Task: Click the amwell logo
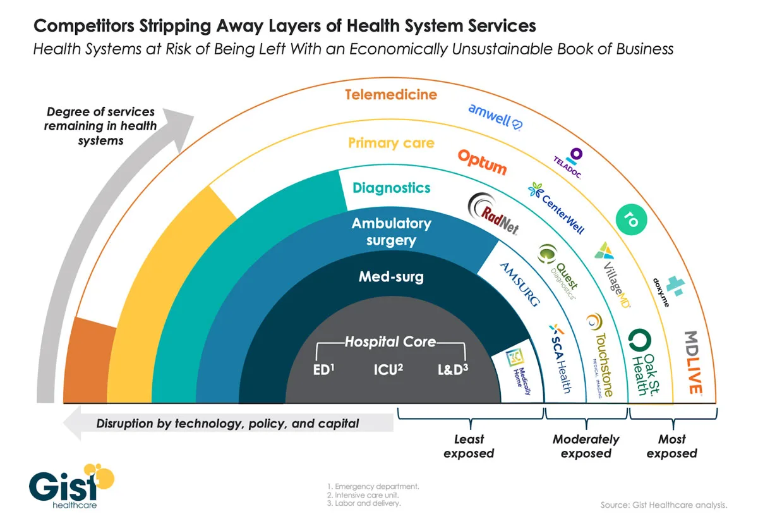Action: click(494, 116)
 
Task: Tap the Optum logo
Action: click(482, 162)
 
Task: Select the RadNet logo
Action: click(493, 215)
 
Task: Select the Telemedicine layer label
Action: click(391, 95)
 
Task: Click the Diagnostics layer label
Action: click(392, 188)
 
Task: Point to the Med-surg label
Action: click(391, 276)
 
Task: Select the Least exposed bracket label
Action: click(469, 446)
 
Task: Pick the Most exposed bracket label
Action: click(671, 446)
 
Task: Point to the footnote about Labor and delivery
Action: click(364, 503)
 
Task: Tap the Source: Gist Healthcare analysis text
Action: click(663, 505)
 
